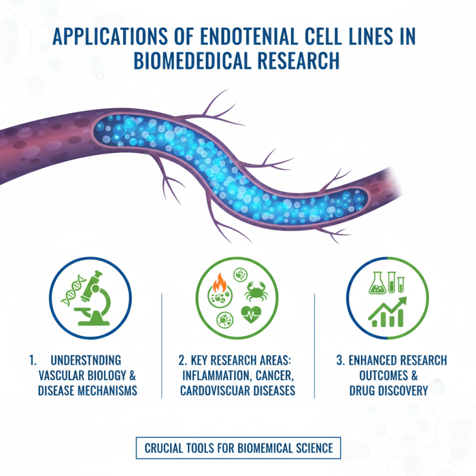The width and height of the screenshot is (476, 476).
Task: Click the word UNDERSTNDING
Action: (x=86, y=361)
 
